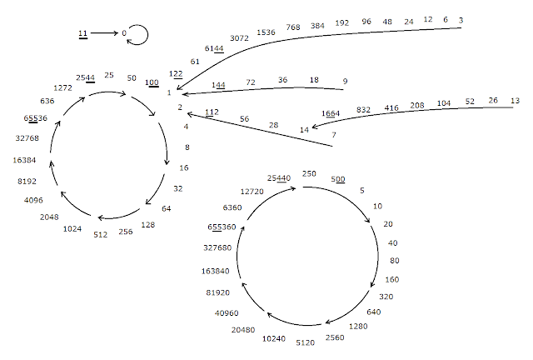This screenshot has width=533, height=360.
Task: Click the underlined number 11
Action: pos(83,33)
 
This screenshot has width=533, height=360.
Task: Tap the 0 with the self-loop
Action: pos(124,33)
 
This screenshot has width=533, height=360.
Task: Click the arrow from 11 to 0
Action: pos(104,33)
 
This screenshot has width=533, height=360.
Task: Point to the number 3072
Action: pos(239,38)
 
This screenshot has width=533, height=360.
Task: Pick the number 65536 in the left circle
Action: pos(35,118)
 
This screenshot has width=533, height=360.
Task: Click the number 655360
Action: pos(222,227)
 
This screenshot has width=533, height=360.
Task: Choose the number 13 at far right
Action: pos(515,101)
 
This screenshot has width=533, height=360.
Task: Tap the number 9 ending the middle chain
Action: pos(345,82)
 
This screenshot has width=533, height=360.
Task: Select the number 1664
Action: pos(331,113)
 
